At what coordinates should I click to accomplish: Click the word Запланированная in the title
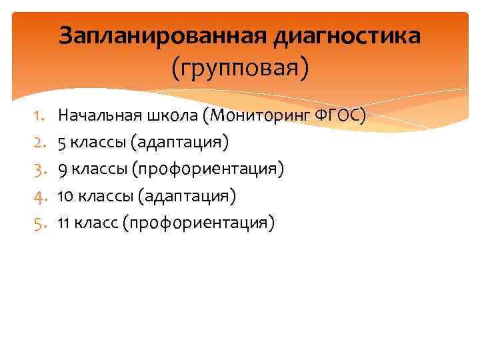tap(163, 36)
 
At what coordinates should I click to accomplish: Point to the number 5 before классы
tap(62, 143)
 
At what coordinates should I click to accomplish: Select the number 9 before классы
tap(62, 169)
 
